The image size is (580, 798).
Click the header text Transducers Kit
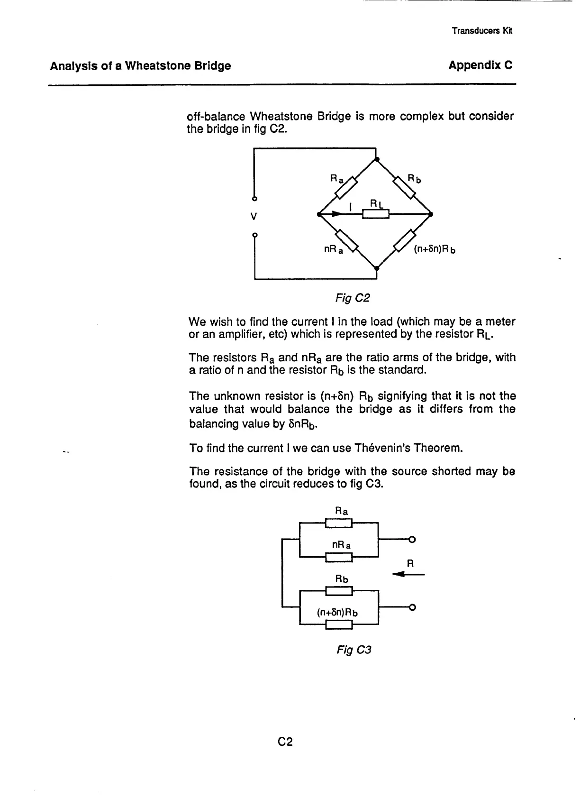(482, 31)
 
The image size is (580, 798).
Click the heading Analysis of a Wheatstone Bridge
(141, 65)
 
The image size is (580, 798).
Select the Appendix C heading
(480, 65)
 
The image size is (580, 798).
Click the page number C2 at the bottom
(286, 742)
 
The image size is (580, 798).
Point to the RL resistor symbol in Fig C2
(376, 214)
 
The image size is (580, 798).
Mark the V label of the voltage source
(254, 217)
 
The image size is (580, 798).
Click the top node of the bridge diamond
(376, 160)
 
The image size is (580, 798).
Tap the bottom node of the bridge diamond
(376, 269)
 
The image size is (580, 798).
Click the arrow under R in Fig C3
(408, 575)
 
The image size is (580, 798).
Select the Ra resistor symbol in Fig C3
(339, 523)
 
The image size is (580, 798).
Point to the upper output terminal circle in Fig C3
(412, 539)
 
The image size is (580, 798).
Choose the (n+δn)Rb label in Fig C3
(337, 612)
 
